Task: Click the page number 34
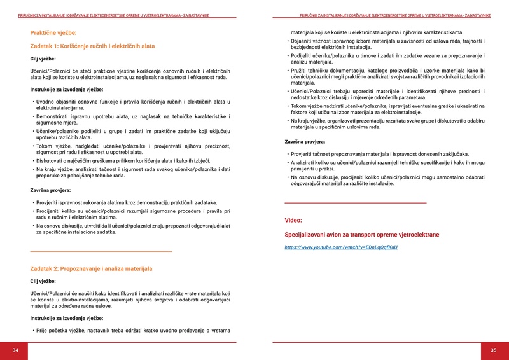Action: point(15,350)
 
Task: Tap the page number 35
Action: point(493,350)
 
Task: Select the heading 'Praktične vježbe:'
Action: point(53,32)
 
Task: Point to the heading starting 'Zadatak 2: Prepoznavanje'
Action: point(91,269)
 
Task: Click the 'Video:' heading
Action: point(293,220)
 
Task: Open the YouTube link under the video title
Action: point(340,247)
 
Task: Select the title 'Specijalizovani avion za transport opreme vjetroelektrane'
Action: point(361,235)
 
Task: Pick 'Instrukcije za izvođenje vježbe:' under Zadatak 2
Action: point(67,318)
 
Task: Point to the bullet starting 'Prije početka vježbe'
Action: point(133,330)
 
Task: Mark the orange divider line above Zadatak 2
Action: point(101,252)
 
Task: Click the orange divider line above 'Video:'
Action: point(355,202)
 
